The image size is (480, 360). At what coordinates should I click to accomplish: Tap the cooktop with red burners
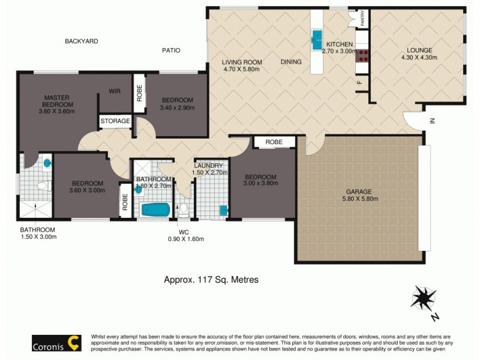(362, 56)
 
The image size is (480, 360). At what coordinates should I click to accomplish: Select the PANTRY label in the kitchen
(363, 19)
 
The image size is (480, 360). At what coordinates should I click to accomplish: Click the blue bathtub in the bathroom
(154, 210)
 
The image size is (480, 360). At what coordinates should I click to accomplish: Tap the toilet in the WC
(183, 209)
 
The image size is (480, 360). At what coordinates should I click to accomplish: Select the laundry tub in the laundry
(224, 209)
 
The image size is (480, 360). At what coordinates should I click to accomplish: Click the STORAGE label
(115, 121)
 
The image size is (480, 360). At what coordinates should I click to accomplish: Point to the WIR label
(116, 91)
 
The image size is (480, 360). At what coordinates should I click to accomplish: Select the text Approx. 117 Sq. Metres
(211, 279)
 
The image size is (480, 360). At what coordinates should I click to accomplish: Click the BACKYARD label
(81, 41)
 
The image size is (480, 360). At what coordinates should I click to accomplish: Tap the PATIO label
(171, 50)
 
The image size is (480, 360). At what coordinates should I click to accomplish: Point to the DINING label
(291, 62)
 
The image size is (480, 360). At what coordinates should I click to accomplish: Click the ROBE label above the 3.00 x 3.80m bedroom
(274, 142)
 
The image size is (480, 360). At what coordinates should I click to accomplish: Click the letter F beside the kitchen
(359, 82)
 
